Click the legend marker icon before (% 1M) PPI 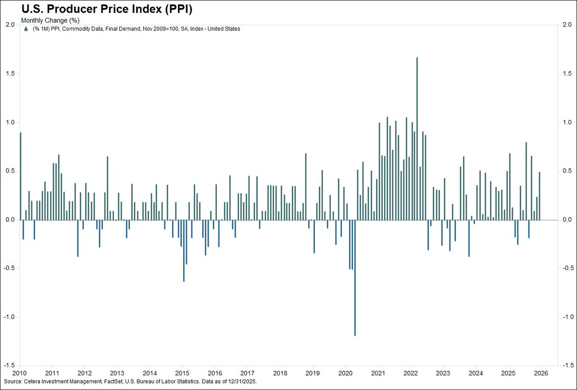click(x=25, y=29)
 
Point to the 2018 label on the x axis click(x=280, y=373)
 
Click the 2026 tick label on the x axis click(x=541, y=373)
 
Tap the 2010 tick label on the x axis click(x=20, y=373)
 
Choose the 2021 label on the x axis click(x=378, y=373)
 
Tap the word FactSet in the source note click(x=103, y=381)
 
